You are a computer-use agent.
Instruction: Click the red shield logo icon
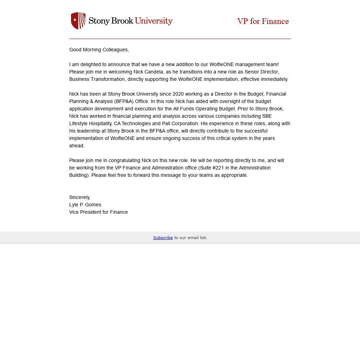[x=78, y=21]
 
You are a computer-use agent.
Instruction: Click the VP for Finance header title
[x=263, y=21]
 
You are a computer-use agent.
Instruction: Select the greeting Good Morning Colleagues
[x=99, y=50]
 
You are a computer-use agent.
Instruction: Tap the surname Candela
[x=154, y=72]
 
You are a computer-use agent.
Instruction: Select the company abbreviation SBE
[x=267, y=116]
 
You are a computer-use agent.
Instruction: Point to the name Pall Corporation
[x=180, y=123]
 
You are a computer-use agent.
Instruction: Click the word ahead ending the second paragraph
[x=76, y=146]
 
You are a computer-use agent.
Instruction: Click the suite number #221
[x=218, y=168]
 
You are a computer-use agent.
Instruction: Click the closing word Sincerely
[x=79, y=197]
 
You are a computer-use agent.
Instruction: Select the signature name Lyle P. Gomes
[x=85, y=205]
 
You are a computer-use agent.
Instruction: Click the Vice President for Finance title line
[x=98, y=212]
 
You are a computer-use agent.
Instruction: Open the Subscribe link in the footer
[x=163, y=238]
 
